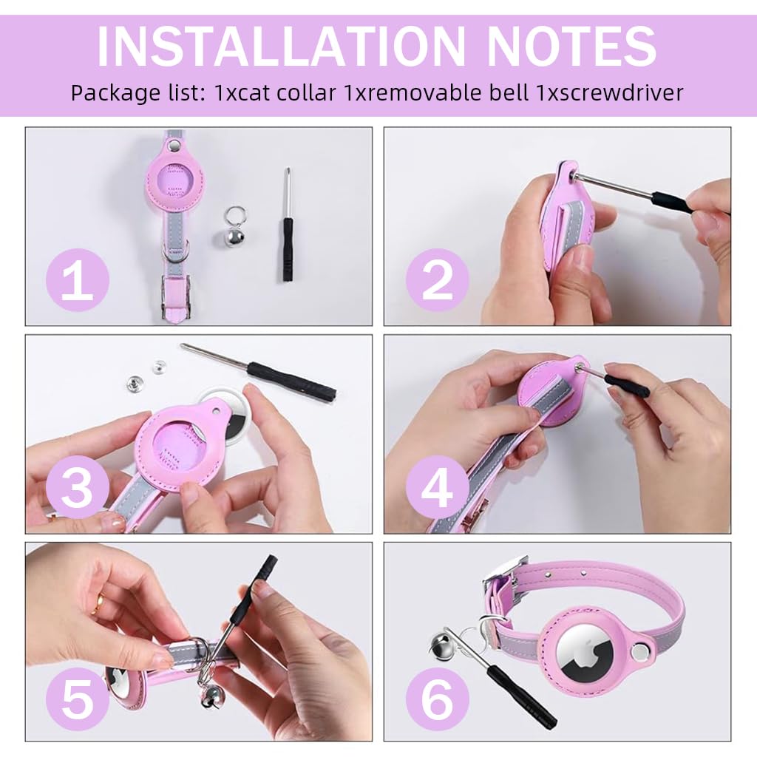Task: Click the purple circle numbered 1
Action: tap(78, 280)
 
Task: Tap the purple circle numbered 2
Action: tap(438, 280)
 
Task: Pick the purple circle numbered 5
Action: tap(78, 699)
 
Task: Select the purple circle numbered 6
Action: tap(438, 699)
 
